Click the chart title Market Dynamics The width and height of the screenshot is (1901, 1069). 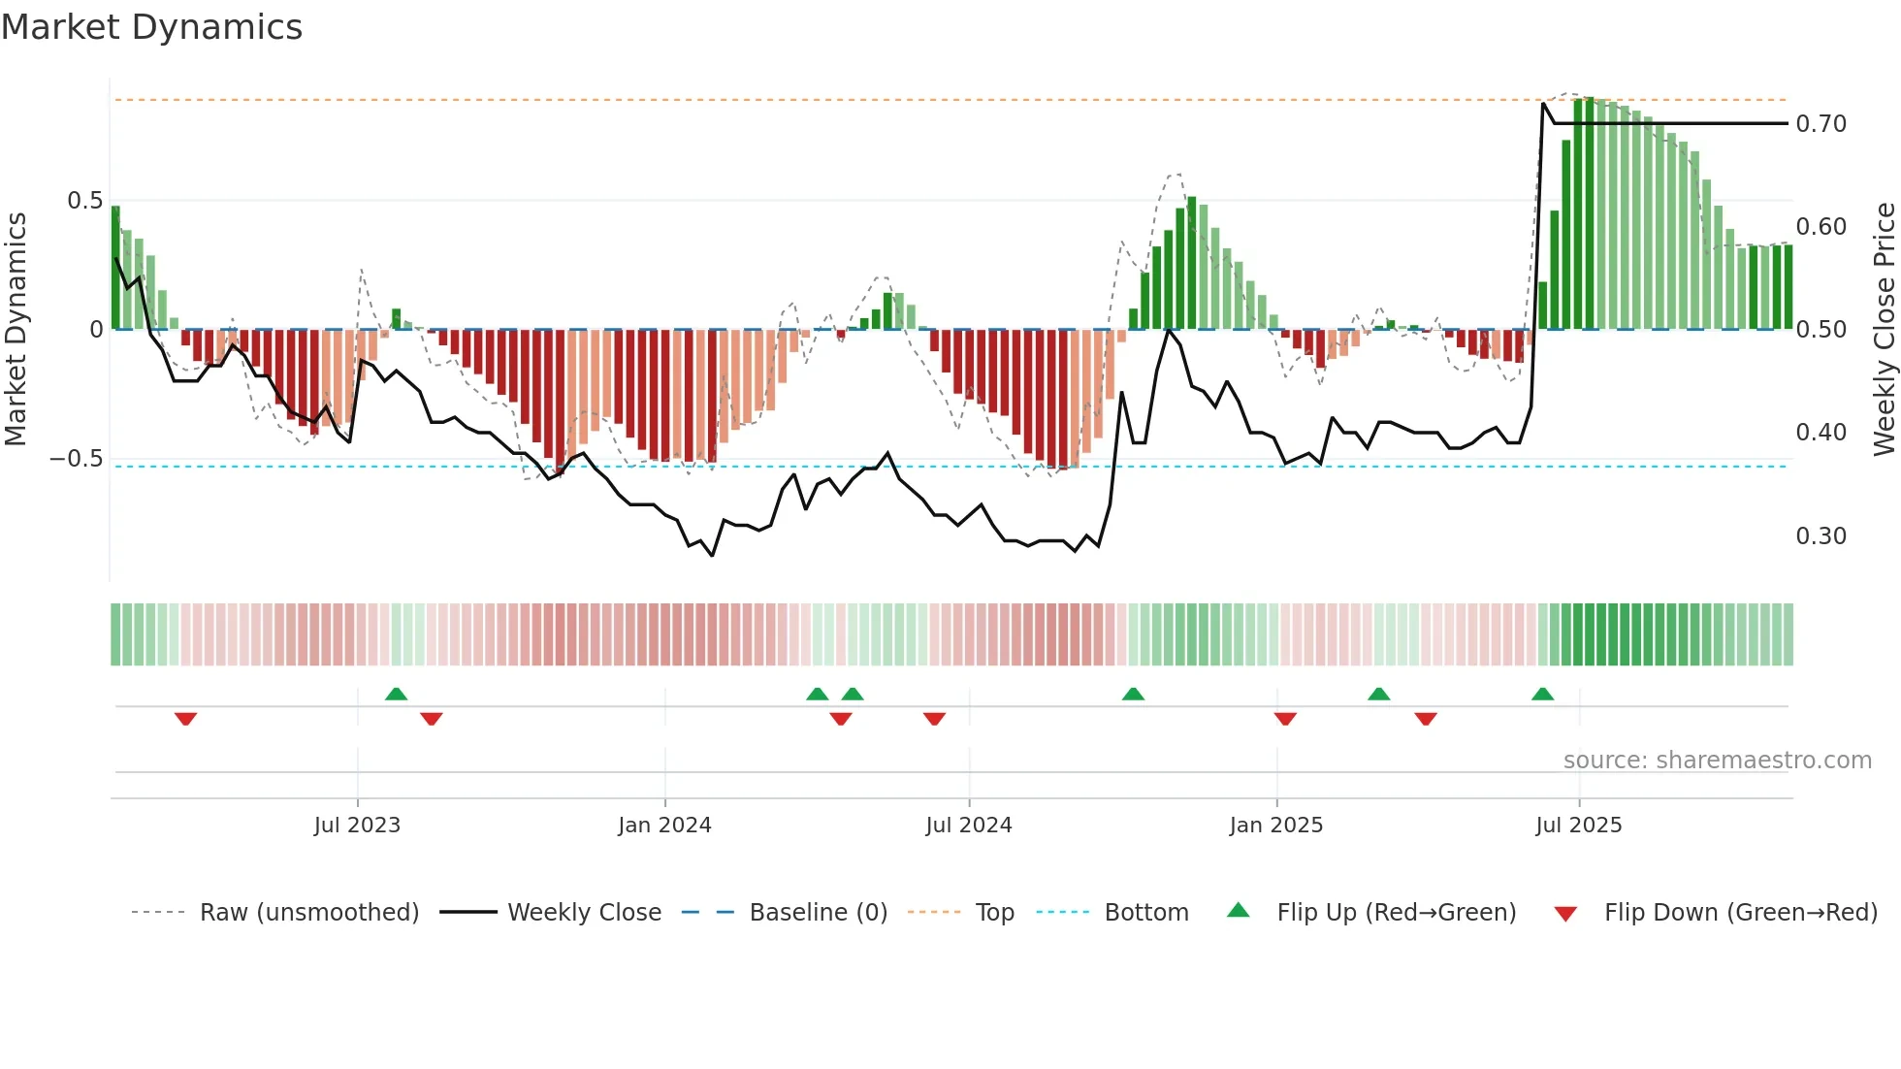click(x=151, y=27)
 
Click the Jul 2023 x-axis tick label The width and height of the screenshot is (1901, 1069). click(x=357, y=826)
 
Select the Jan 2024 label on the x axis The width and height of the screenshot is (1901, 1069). click(x=664, y=826)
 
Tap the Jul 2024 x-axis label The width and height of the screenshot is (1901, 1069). click(x=968, y=826)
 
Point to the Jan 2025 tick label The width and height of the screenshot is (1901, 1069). click(x=1275, y=826)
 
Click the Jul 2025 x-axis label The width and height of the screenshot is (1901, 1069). click(x=1578, y=826)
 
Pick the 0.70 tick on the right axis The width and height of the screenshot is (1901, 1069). click(x=1820, y=124)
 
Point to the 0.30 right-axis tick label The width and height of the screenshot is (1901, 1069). click(x=1820, y=536)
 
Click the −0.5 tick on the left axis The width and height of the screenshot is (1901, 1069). click(x=76, y=459)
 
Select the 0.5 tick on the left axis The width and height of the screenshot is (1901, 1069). click(x=84, y=201)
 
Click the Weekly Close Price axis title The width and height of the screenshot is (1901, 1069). click(x=1884, y=330)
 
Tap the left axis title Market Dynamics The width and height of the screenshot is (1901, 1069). click(x=16, y=330)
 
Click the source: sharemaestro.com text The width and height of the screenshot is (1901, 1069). click(x=1717, y=761)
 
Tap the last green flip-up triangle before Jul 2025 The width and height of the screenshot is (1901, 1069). click(x=1542, y=695)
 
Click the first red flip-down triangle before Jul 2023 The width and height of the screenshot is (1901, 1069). click(x=185, y=719)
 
